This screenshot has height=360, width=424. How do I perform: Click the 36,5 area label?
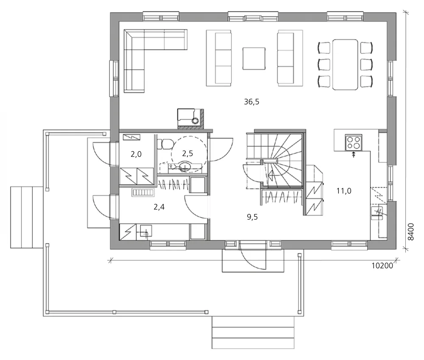[251, 102]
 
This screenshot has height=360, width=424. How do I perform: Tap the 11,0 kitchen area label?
[343, 191]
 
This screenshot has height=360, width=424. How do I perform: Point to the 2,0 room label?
[136, 154]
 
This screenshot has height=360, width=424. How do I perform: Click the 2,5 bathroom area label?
[187, 153]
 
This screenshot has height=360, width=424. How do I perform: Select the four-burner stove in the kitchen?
[353, 141]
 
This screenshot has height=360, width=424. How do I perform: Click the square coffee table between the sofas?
[254, 59]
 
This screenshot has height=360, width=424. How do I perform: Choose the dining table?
[346, 64]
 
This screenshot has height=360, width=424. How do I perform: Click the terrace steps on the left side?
[26, 217]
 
